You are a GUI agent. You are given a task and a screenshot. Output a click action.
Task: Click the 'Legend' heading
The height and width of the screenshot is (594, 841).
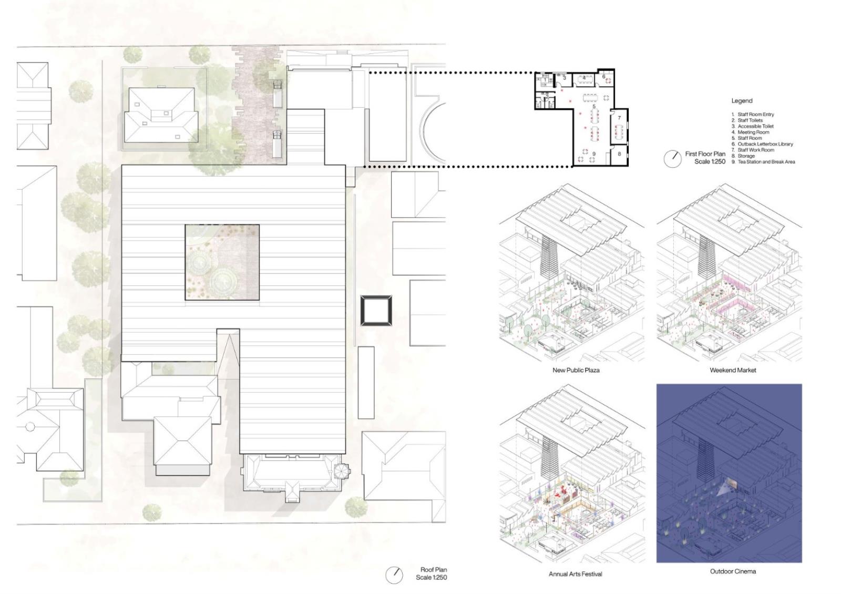click(x=742, y=100)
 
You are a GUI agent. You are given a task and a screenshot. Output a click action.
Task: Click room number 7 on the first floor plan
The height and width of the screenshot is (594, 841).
click(x=619, y=118)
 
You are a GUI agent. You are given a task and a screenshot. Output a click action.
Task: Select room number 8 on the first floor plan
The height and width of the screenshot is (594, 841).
click(x=619, y=153)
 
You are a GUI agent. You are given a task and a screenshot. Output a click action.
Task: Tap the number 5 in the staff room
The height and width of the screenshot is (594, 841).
click(x=594, y=107)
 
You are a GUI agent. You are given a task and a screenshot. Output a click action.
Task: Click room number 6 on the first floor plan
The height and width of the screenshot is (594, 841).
click(x=604, y=77)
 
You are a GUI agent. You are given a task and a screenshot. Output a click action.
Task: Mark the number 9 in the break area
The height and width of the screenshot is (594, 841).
click(x=594, y=153)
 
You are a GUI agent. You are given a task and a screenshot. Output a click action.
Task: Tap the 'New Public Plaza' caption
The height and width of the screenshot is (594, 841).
click(x=576, y=370)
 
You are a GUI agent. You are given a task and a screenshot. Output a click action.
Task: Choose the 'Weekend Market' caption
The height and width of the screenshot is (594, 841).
click(x=733, y=370)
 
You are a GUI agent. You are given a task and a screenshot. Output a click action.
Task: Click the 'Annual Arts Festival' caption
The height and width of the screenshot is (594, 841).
click(x=575, y=574)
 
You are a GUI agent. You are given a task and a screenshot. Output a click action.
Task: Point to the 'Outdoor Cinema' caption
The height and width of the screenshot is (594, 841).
click(x=733, y=571)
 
